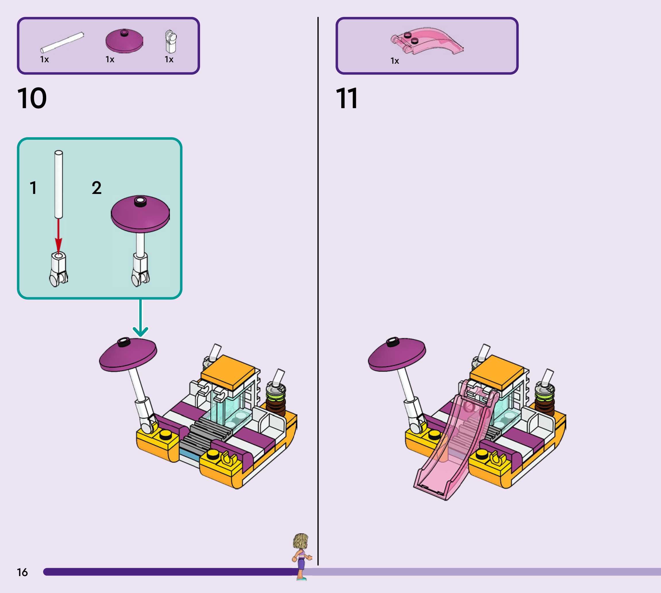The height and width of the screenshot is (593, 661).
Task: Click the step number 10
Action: pos(32,98)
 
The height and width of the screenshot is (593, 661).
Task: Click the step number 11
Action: pos(347,98)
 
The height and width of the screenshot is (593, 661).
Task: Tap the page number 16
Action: pos(22,572)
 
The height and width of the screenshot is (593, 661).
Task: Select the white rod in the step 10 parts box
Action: pos(62,42)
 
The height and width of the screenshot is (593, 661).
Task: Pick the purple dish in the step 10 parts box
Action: pos(124,41)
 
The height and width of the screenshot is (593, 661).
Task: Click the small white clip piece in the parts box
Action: pos(170,42)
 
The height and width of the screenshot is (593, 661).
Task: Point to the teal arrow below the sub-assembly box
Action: pos(140,318)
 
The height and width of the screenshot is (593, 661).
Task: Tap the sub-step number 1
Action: pos(33,188)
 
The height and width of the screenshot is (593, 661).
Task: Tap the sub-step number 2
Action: pos(96,188)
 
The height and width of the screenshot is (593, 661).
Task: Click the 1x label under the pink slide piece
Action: pos(395,61)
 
